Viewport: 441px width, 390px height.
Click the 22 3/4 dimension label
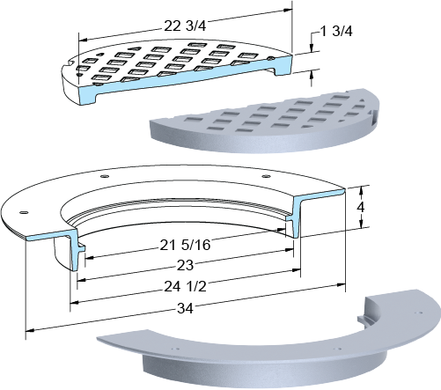[185, 26]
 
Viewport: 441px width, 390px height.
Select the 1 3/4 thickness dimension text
[337, 31]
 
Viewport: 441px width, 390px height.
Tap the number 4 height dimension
[361, 207]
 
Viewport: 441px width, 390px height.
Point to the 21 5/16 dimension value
[185, 245]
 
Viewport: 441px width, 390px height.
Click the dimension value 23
[185, 265]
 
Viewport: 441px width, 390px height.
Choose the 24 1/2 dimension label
[185, 286]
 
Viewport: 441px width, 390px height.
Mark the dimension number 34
[185, 308]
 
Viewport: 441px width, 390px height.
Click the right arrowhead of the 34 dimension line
[342, 284]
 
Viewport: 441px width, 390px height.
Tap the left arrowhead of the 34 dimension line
[30, 330]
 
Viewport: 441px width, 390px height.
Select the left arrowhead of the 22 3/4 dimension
[84, 40]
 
